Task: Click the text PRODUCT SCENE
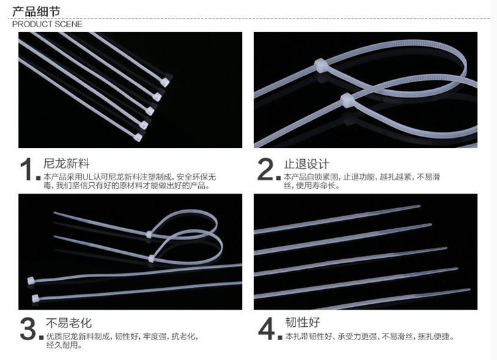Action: [x=47, y=24]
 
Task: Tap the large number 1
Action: [x=28, y=170]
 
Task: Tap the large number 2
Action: [x=265, y=169]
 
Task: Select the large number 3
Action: [x=28, y=329]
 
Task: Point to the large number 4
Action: [x=267, y=329]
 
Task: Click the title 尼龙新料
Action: [x=66, y=164]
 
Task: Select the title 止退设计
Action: [x=306, y=164]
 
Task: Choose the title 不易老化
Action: [x=69, y=323]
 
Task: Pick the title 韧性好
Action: [x=302, y=322]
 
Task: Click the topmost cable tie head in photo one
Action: [x=165, y=82]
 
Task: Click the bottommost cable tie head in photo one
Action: [x=138, y=137]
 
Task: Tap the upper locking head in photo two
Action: [x=320, y=65]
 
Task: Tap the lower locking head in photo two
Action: [x=347, y=100]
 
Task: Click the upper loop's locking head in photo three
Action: [x=149, y=235]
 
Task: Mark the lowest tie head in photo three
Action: [x=35, y=298]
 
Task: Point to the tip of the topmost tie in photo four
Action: [x=419, y=206]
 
